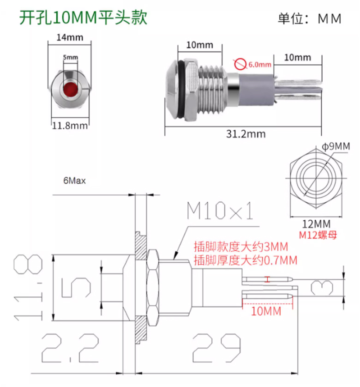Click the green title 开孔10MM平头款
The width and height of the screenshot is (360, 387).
coord(83,18)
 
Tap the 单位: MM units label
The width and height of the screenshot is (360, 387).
coord(310,18)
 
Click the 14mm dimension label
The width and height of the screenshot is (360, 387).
coord(70,37)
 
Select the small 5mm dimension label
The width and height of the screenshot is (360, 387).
coord(70,57)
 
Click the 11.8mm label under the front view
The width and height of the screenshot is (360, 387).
coord(70,126)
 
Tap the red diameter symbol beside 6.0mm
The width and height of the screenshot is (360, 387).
coord(240,64)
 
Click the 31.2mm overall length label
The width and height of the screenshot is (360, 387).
coord(246,134)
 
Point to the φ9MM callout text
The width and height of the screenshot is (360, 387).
coord(336,146)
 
